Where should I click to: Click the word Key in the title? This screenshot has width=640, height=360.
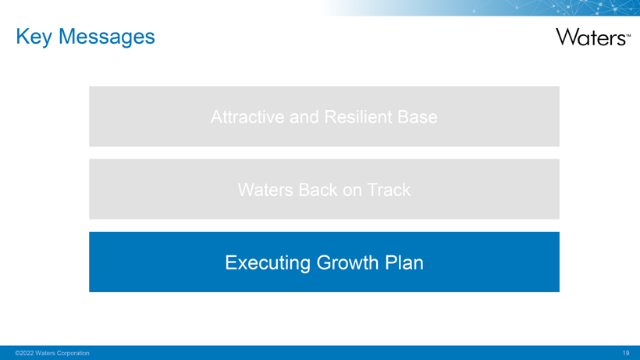point(34,37)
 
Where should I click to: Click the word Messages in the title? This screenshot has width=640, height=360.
point(107,37)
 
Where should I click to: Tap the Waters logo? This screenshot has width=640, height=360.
point(593,37)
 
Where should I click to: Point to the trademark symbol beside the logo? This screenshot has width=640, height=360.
point(628,36)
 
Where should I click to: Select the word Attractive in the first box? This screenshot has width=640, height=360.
point(247,117)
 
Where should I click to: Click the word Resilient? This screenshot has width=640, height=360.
point(358,117)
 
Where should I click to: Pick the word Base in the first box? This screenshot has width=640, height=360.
point(418,117)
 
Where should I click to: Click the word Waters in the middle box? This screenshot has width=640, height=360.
point(265,190)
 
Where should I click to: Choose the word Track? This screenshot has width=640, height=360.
point(389,190)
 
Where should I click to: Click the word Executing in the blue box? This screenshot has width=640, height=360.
point(268,263)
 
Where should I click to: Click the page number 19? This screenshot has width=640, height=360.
point(626,353)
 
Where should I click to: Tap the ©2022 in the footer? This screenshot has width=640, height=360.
point(24,353)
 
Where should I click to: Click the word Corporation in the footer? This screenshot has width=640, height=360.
point(73,353)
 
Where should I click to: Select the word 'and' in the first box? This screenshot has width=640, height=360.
point(304,117)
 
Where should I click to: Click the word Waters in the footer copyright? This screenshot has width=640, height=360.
point(45,353)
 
